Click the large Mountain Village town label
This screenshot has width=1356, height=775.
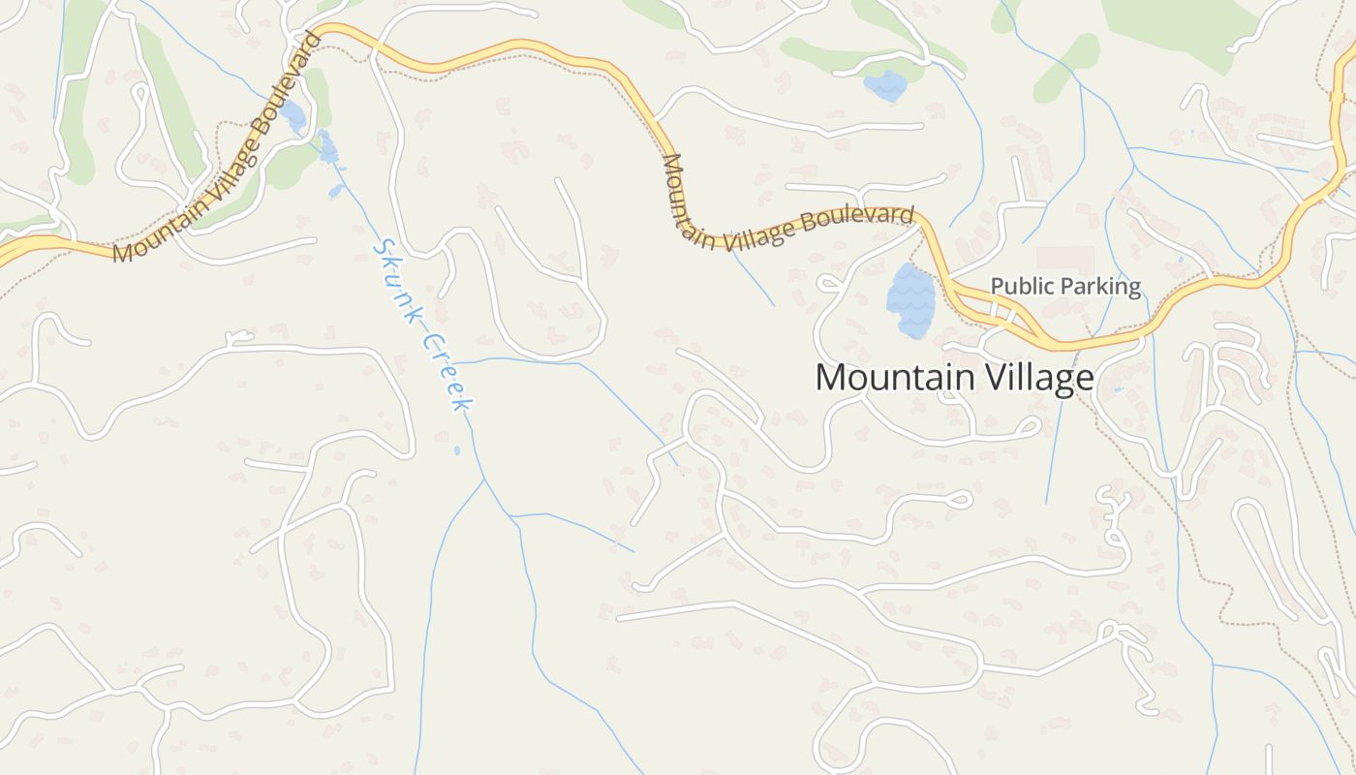coord(954,377)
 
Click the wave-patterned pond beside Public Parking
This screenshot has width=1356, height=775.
coord(910,300)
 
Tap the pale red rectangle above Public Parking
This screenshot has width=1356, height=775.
coord(1064,258)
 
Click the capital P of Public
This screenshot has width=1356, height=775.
coord(997,287)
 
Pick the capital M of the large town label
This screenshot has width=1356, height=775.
coord(830,377)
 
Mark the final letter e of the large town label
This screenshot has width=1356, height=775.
coord(1085,379)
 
